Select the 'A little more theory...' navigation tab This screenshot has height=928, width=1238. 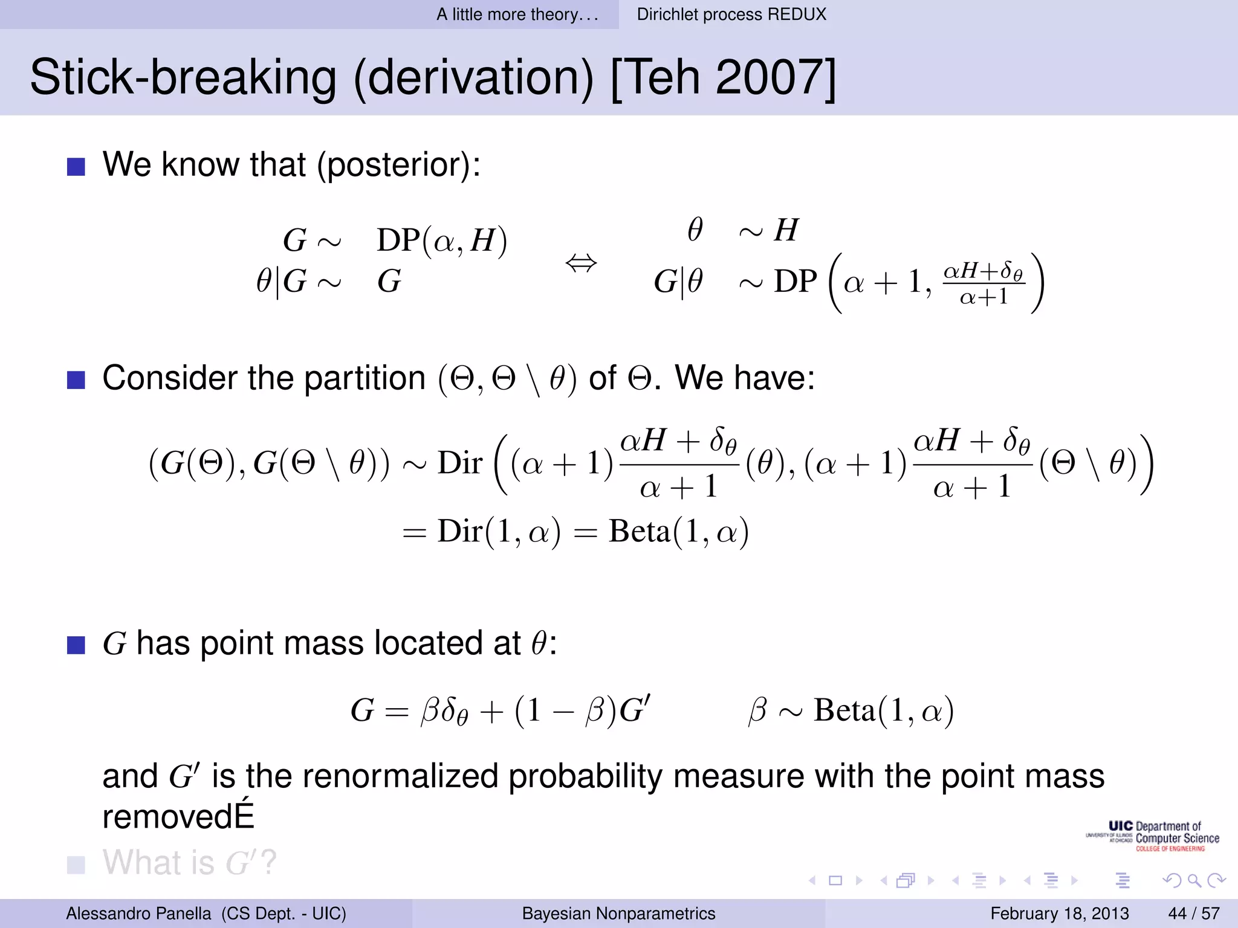(x=517, y=14)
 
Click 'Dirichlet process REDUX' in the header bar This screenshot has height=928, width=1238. (x=731, y=14)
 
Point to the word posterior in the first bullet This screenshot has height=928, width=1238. (x=397, y=164)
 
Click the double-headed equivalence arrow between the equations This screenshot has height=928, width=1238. (x=581, y=263)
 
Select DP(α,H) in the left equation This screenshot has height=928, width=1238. (x=441, y=240)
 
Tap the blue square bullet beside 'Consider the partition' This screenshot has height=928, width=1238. (x=76, y=379)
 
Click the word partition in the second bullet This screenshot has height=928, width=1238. (x=365, y=378)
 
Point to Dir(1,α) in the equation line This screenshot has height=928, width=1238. (x=499, y=532)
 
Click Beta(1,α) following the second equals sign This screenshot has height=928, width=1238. (x=678, y=532)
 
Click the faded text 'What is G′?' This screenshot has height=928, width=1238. (x=189, y=862)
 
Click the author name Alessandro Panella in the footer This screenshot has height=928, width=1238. (x=138, y=913)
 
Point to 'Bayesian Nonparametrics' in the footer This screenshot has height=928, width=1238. (x=618, y=913)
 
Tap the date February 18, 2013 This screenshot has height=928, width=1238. (x=1059, y=913)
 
